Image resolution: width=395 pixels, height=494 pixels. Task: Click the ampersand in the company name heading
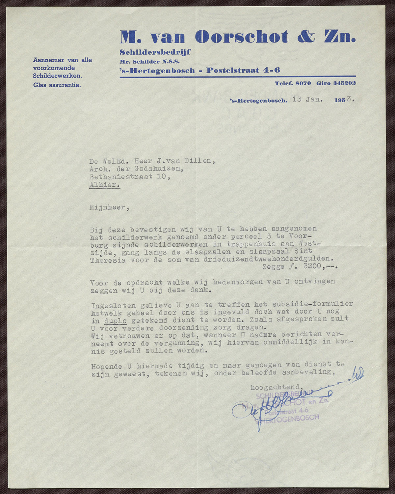[306, 37]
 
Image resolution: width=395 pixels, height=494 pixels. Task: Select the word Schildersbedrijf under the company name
[155, 52]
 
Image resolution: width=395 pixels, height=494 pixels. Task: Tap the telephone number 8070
[303, 83]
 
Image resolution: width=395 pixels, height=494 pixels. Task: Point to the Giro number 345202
[344, 83]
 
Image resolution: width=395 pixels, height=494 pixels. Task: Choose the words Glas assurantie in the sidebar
[57, 85]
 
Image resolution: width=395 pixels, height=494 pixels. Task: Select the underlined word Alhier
[104, 185]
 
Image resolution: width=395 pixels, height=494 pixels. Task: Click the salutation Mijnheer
[107, 208]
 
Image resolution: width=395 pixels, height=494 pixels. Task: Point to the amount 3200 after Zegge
[314, 266]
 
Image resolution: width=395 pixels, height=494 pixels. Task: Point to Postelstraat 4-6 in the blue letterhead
[243, 70]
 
